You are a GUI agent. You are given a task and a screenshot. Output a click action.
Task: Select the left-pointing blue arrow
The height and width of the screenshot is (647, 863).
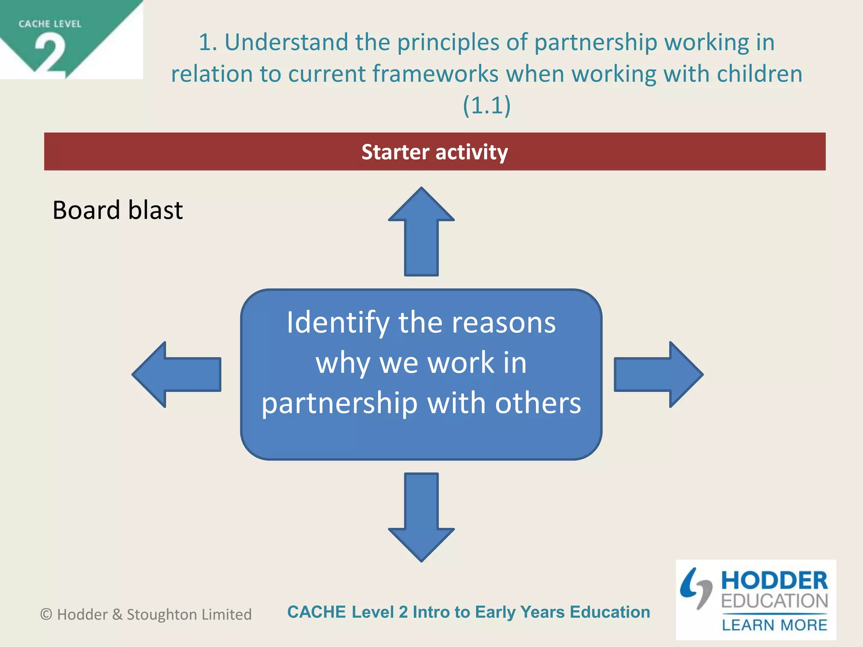coord(177,374)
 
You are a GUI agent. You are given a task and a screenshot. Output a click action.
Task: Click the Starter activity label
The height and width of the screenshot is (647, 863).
coord(434,152)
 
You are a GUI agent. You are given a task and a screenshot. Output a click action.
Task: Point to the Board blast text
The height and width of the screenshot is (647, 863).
coord(118,210)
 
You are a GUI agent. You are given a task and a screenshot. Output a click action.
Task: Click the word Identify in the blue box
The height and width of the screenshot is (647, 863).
coord(338,323)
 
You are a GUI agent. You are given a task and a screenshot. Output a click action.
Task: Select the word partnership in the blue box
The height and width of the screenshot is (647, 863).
coord(340,403)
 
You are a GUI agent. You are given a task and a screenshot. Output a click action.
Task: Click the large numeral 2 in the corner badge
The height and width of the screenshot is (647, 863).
coord(50,55)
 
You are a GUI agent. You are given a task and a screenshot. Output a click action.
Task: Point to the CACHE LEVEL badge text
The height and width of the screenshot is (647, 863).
coord(50,24)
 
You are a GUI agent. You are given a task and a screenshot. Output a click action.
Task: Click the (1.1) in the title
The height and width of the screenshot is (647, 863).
coord(487,105)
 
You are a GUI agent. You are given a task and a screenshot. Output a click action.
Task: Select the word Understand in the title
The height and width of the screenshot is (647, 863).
coord(286,42)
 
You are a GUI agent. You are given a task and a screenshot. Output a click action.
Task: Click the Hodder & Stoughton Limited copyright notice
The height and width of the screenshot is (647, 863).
coord(146,614)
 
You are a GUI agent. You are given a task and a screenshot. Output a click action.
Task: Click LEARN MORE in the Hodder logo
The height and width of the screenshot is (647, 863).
coord(774,625)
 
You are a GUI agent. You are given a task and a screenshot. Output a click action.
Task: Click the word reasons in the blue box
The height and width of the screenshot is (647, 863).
coord(504,323)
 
